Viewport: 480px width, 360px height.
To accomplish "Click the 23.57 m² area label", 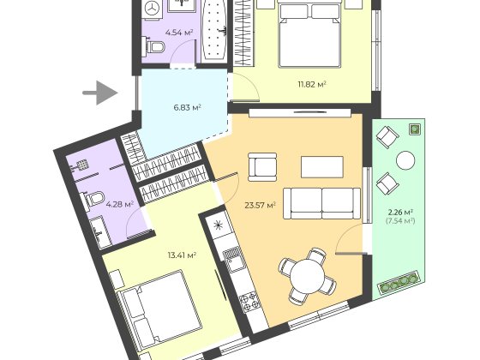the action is pyautogui.click(x=261, y=205).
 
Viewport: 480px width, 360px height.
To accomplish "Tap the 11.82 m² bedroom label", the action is pyautogui.click(x=312, y=84).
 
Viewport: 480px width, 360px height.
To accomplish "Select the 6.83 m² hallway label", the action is pyautogui.click(x=187, y=107).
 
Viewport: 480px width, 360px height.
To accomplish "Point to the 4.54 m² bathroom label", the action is pyautogui.click(x=179, y=32).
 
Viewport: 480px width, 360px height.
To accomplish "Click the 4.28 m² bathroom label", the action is pyautogui.click(x=120, y=204).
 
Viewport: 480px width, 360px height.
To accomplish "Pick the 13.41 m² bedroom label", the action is pyautogui.click(x=182, y=255).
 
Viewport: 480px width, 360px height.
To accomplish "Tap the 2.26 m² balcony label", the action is pyautogui.click(x=401, y=213).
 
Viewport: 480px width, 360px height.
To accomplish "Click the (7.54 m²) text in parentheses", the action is pyautogui.click(x=400, y=221).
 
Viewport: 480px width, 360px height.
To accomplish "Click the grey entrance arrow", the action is pyautogui.click(x=100, y=93).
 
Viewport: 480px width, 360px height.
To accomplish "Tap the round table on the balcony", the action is pyautogui.click(x=405, y=160).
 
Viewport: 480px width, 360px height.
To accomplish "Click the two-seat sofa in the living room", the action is pyautogui.click(x=321, y=203).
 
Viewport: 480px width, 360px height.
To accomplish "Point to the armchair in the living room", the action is pyautogui.click(x=262, y=167).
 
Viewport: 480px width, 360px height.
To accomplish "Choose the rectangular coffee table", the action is pyautogui.click(x=322, y=167).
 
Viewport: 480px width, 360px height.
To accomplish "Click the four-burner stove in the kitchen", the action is pyautogui.click(x=249, y=302).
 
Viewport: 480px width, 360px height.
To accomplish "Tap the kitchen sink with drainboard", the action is pyautogui.click(x=232, y=260).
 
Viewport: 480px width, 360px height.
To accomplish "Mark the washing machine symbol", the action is pyautogui.click(x=152, y=8).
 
